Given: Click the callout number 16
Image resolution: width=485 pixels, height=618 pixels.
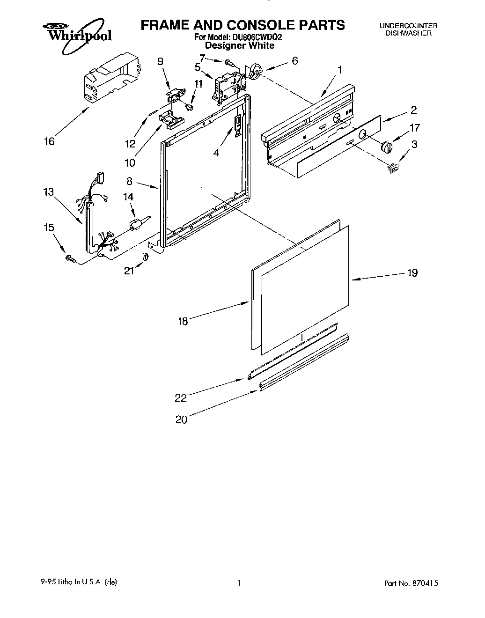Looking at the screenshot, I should [x=49, y=141].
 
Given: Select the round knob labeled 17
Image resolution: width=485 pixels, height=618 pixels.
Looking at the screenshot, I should [x=387, y=147].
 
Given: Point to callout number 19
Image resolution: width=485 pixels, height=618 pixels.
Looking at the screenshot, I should [x=412, y=272].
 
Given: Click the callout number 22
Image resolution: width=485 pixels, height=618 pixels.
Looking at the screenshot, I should [x=181, y=397].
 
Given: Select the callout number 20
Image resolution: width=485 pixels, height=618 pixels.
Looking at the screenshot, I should [x=181, y=419].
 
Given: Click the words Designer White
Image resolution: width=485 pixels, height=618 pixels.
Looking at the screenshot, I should [x=240, y=45].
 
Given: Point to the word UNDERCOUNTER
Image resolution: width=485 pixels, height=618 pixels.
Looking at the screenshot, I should [x=408, y=26].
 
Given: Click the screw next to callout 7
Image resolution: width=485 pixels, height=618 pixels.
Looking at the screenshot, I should [x=229, y=62].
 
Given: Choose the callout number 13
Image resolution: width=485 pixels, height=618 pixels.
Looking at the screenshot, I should [x=48, y=192].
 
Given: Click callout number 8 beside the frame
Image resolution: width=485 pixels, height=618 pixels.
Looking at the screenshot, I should [x=129, y=180].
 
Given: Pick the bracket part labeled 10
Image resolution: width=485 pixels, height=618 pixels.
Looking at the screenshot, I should [x=170, y=119].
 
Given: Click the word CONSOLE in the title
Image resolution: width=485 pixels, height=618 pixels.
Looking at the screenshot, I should [x=252, y=24].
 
